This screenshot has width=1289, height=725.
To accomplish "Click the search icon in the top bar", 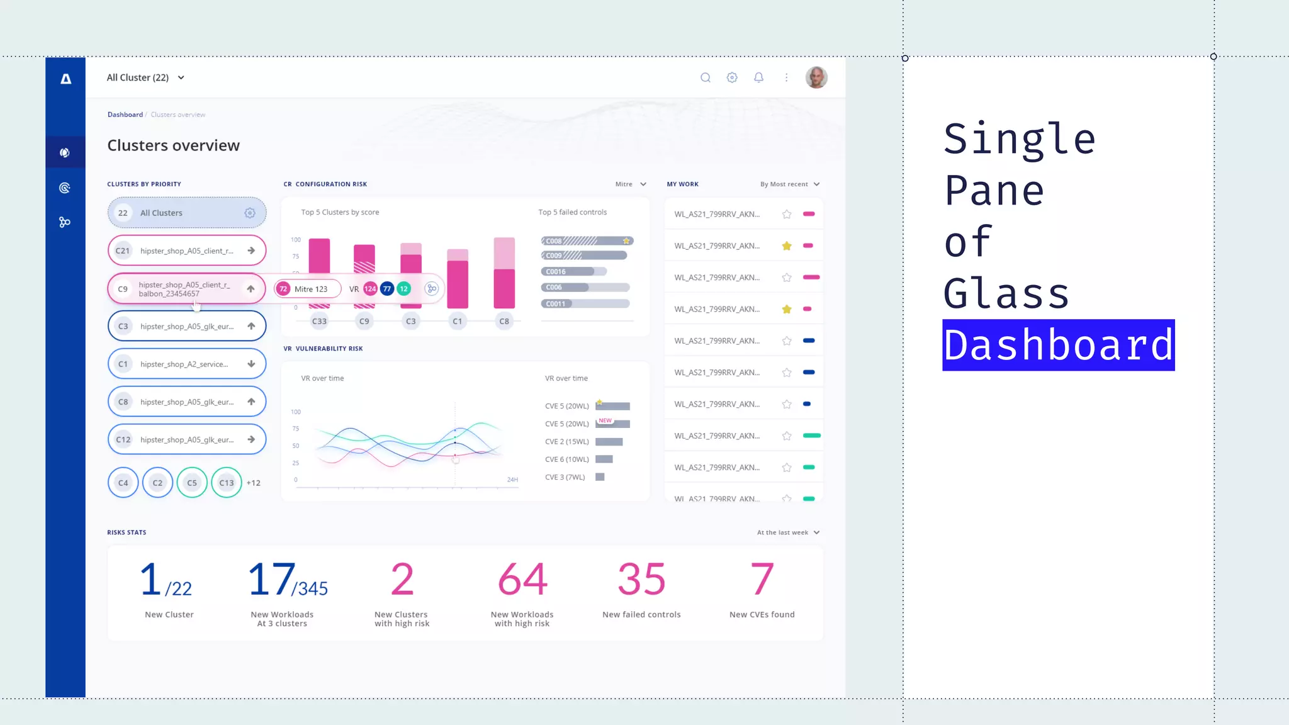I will click(x=706, y=77).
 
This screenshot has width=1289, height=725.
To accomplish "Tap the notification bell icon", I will click(x=758, y=77).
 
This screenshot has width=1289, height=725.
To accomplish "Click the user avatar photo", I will click(x=816, y=77).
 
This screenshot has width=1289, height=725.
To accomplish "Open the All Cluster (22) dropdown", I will click(x=145, y=77).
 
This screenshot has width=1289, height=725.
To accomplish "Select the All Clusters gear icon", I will click(x=250, y=213).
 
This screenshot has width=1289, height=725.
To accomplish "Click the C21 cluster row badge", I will click(x=123, y=250).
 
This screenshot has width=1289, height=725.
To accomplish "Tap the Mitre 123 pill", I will click(x=308, y=289).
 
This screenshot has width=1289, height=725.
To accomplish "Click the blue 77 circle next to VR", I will click(x=387, y=289).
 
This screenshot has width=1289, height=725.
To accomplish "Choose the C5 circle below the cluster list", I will click(x=192, y=483).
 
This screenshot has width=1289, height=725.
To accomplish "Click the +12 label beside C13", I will click(x=254, y=483).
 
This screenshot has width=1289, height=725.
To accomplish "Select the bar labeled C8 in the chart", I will click(x=504, y=273).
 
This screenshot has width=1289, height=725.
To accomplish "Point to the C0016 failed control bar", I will click(x=573, y=271).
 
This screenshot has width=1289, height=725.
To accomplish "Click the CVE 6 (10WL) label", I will click(x=566, y=459).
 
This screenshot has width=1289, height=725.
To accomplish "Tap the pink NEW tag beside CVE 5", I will click(x=605, y=420).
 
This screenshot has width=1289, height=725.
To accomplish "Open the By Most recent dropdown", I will click(x=790, y=184).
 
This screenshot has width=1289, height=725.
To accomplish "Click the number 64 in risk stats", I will click(x=522, y=579).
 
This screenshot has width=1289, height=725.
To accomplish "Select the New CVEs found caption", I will click(x=762, y=614).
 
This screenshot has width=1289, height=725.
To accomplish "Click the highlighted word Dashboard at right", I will click(x=1058, y=345).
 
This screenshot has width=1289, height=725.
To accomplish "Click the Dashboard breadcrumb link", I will click(x=125, y=115).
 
